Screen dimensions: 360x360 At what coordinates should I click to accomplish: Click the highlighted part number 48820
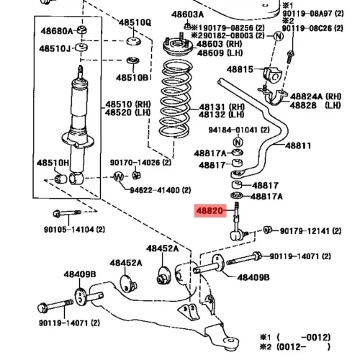point(210,211)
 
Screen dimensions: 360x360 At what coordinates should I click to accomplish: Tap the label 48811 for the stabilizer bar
point(298,145)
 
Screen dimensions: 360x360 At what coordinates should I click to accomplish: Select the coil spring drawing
point(176,99)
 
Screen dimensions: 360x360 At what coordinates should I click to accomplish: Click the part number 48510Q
point(135,22)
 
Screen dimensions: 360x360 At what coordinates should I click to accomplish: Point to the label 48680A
point(56,31)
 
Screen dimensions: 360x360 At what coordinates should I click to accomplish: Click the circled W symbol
point(119,177)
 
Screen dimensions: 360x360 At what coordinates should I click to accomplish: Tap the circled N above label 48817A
point(238,142)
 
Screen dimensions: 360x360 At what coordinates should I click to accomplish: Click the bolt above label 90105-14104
point(67,213)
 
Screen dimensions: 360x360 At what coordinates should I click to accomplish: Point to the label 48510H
point(53,163)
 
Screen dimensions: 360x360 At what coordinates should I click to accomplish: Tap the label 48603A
point(187,14)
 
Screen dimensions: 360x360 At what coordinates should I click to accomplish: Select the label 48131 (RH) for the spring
point(222,107)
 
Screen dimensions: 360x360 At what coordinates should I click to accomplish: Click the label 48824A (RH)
point(315,96)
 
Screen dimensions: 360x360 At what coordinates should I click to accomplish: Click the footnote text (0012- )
point(303,347)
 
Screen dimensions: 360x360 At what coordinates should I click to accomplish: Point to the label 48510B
point(132,78)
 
